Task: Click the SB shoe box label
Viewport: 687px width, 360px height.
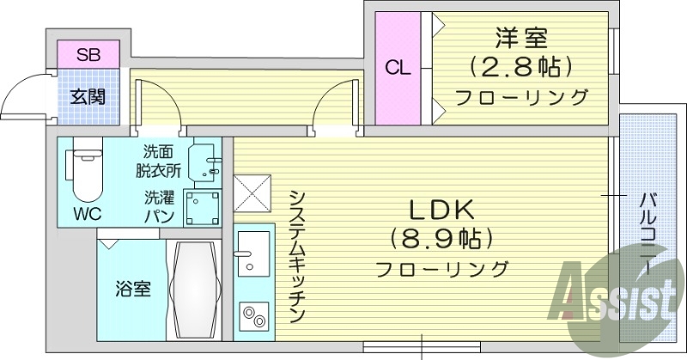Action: pyautogui.click(x=88, y=55)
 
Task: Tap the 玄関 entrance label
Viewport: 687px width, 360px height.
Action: pyautogui.click(x=88, y=96)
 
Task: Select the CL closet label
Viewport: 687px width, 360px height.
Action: pyautogui.click(x=398, y=67)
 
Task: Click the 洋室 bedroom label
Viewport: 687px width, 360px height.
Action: pyautogui.click(x=520, y=38)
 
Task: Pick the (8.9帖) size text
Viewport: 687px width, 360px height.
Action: pyautogui.click(x=441, y=238)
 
